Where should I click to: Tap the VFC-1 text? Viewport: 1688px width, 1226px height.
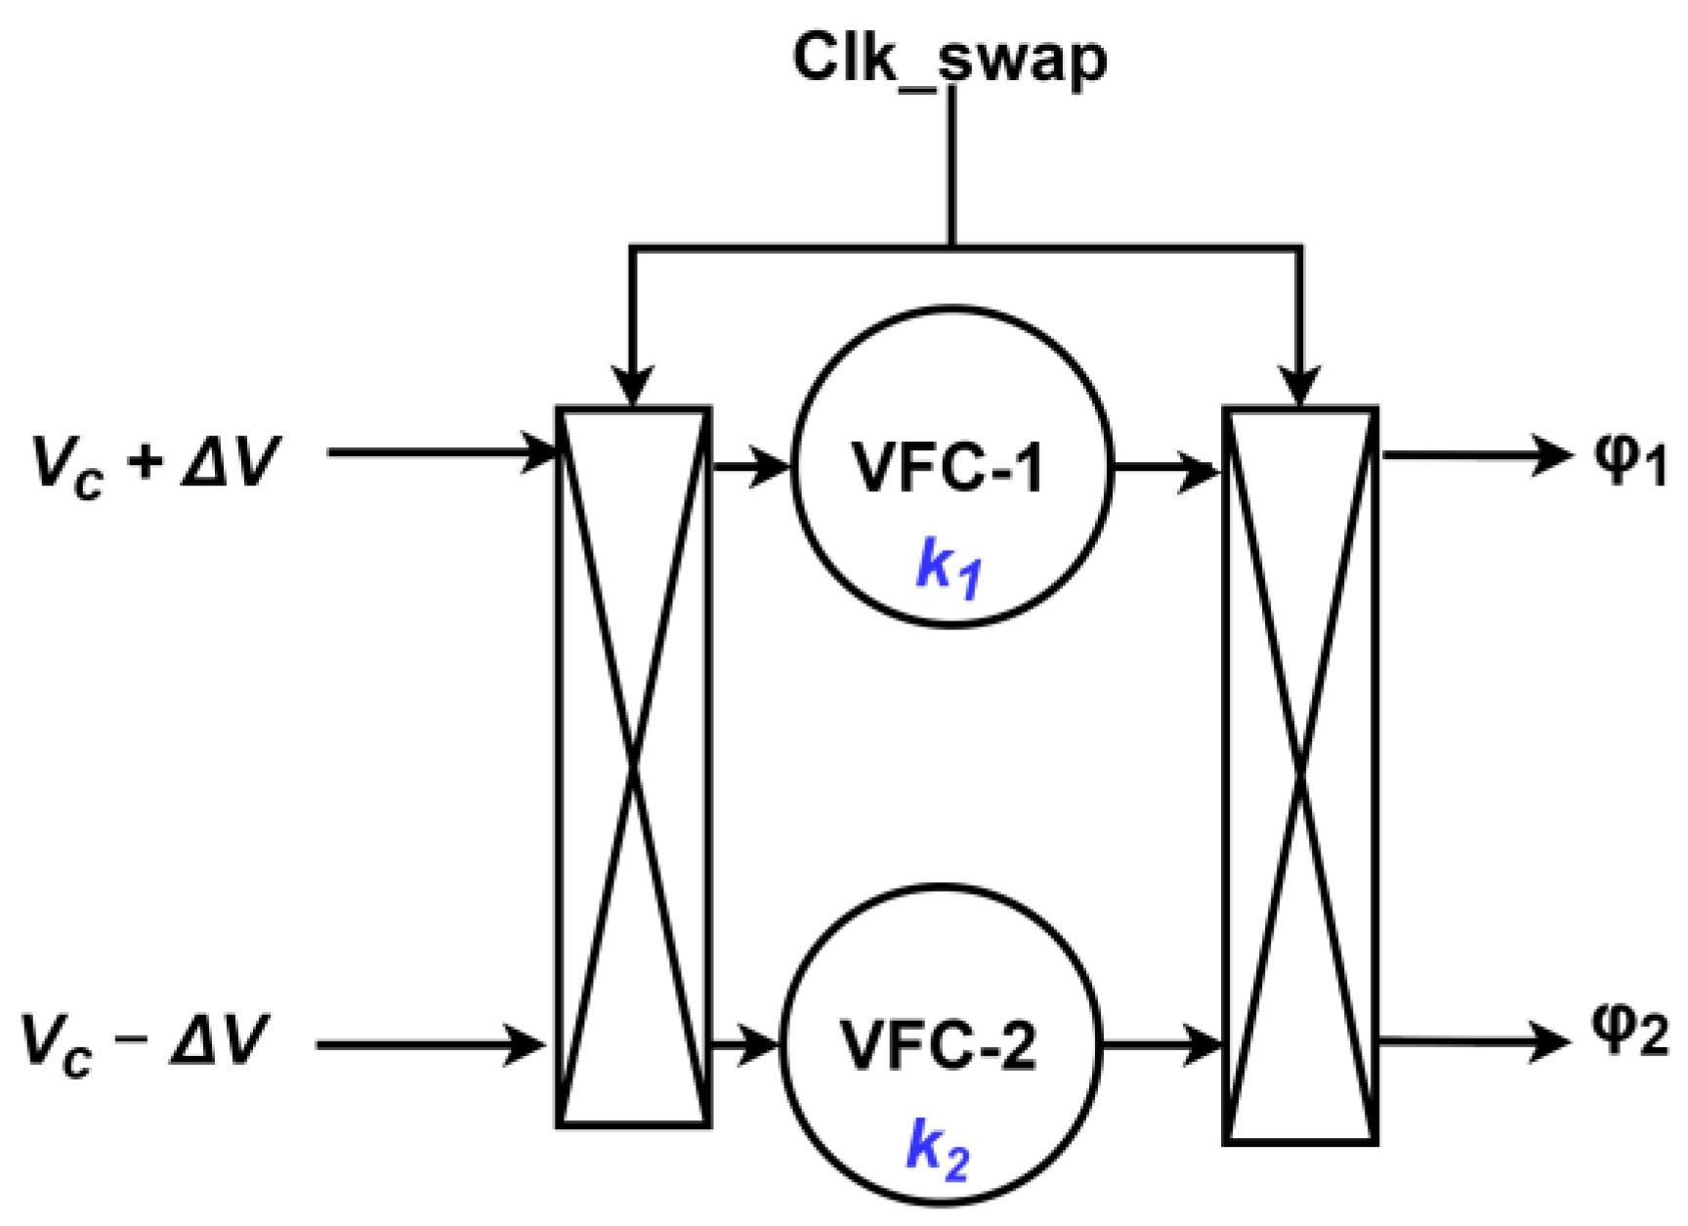(949, 467)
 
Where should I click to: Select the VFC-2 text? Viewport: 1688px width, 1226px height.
(938, 1044)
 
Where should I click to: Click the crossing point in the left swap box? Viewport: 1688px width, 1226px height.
(634, 768)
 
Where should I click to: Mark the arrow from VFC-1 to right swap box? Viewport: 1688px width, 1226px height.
(1167, 469)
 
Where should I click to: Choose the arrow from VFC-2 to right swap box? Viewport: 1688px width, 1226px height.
(1160, 1044)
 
